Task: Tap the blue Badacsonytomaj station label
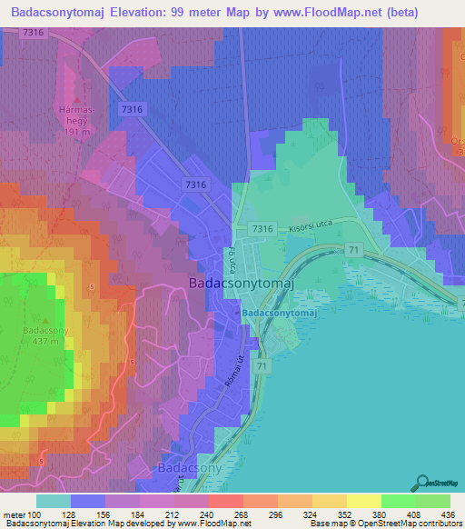[x=279, y=313]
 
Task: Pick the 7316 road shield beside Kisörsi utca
[x=263, y=229]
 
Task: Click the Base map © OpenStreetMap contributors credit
[x=386, y=524]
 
